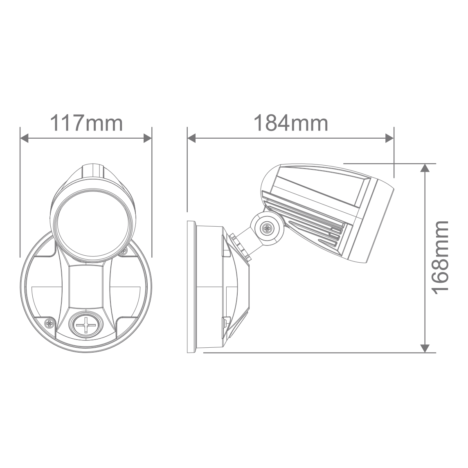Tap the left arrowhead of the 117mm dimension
[25, 139]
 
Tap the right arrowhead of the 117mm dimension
[147, 139]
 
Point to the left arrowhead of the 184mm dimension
[192, 139]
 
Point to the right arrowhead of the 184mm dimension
[389, 139]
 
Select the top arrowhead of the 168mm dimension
[425, 168]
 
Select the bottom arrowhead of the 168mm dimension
[425, 347]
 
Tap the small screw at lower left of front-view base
[50, 323]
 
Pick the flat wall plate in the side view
[191, 286]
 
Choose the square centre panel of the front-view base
[86, 286]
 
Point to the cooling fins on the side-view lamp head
[311, 221]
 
